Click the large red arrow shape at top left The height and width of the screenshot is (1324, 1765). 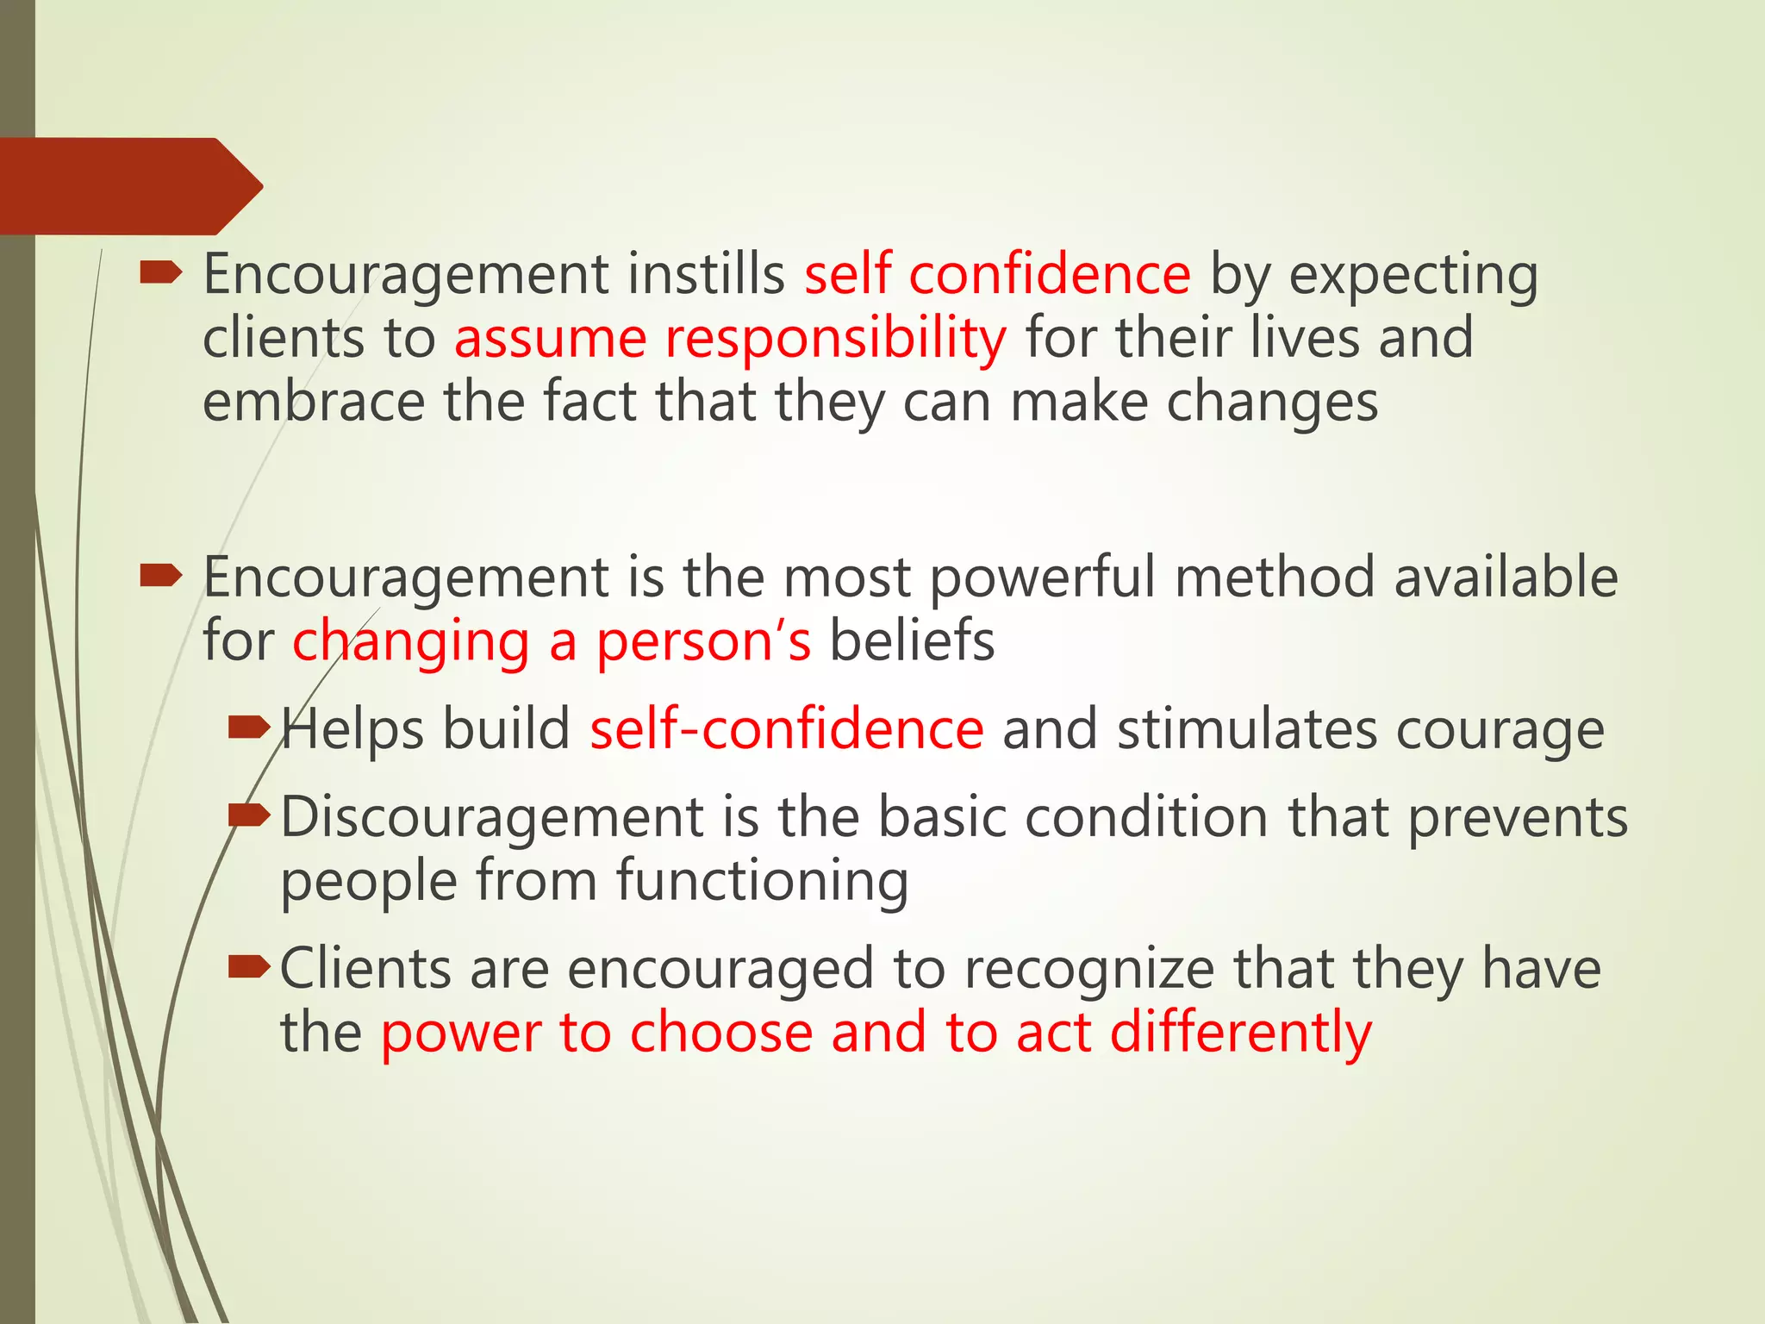(129, 185)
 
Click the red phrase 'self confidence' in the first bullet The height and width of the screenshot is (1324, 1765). (997, 274)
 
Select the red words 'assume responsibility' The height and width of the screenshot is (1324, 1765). (730, 338)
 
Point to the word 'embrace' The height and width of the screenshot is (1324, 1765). (314, 402)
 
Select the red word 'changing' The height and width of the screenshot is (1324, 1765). (410, 642)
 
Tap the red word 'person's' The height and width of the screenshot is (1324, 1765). (703, 642)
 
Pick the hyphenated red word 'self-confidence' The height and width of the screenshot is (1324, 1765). (786, 729)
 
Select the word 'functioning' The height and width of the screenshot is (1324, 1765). (762, 882)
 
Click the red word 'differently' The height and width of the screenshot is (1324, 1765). (1240, 1033)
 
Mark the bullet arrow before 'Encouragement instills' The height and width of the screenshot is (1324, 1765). (160, 273)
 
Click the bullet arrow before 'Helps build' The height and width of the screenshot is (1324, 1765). (249, 728)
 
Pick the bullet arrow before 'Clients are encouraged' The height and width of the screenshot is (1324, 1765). (249, 968)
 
